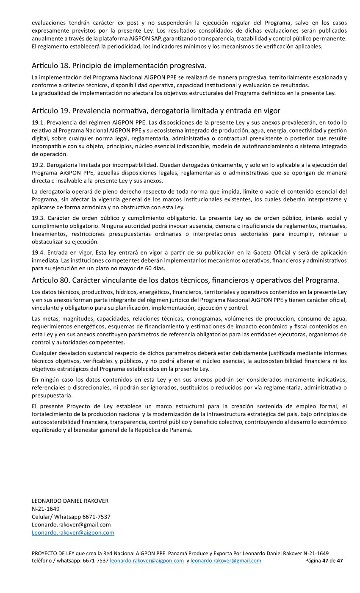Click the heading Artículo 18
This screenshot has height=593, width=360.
119,66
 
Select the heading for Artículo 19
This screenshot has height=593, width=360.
156,111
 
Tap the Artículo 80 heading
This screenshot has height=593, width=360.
186,280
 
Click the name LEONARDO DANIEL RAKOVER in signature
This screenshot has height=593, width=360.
70,501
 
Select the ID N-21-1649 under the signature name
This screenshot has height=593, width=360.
46,509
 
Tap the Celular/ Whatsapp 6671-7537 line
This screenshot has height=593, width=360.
71,517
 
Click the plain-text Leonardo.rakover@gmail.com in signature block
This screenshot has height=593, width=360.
71,524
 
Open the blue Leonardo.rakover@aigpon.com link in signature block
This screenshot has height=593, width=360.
73,532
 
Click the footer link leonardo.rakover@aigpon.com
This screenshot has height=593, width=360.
147,560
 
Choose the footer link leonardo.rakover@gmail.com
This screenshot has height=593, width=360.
226,560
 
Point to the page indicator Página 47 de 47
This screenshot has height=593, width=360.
324,560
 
